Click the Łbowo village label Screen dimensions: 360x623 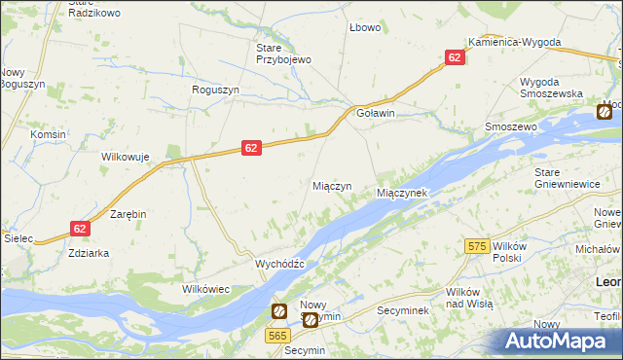(x=365, y=27)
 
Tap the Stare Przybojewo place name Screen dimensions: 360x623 (x=282, y=54)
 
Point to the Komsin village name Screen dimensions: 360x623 (x=48, y=134)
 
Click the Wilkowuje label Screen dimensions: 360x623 (x=124, y=157)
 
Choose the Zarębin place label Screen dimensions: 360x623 (x=128, y=213)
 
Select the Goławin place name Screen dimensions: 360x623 (x=376, y=113)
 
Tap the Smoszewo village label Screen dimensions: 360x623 (x=511, y=127)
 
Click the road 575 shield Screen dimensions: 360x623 (x=476, y=247)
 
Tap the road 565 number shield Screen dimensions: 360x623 (x=275, y=334)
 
